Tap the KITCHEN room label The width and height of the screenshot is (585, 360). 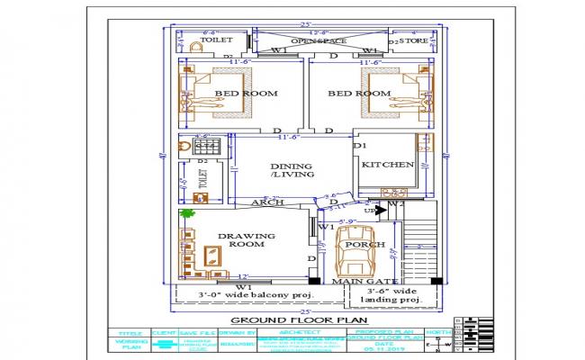[387, 165]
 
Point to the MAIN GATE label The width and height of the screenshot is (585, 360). [353, 282]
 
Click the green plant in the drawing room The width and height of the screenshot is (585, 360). [187, 214]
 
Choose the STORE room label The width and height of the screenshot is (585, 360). [414, 40]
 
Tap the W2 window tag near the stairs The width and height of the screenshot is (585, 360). [399, 203]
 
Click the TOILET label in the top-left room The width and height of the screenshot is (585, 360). [216, 40]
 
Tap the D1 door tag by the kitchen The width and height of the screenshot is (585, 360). [359, 145]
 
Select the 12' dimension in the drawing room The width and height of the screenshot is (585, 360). [242, 276]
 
